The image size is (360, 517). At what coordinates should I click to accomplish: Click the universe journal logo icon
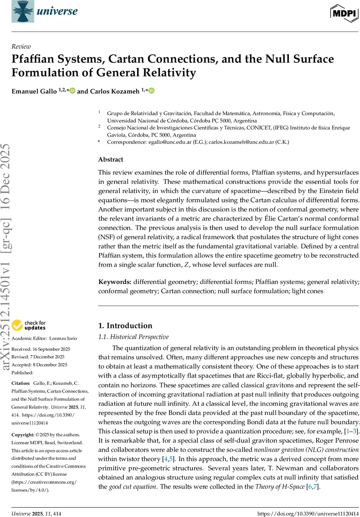pos(21,12)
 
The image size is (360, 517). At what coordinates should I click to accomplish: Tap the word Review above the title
pos(21,47)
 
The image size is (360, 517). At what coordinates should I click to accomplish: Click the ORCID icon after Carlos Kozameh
pos(152,91)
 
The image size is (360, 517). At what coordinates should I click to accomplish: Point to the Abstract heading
pos(110,159)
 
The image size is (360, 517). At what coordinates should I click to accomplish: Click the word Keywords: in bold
pos(115,282)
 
